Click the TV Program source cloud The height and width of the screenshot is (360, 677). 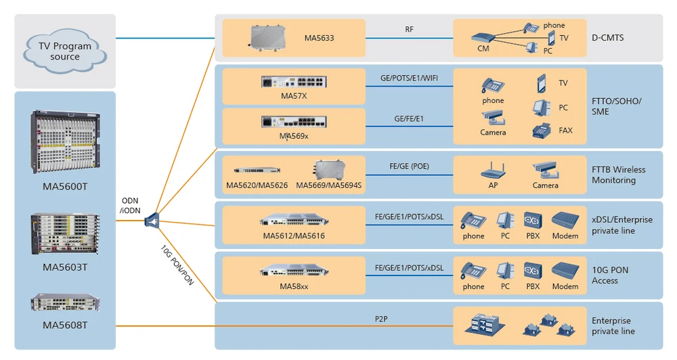pos(64,51)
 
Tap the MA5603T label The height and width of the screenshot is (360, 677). pos(65,267)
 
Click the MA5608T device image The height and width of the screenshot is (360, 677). pos(65,303)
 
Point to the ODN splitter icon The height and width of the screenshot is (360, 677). pos(152,220)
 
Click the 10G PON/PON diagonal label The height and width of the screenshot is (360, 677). pos(177,264)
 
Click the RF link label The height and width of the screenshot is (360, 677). pos(409,29)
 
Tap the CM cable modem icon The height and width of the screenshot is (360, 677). pos(484,38)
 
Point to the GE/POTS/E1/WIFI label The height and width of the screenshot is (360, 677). pos(409,78)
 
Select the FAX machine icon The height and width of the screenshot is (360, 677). pos(542,130)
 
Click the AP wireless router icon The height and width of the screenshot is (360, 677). pos(493,170)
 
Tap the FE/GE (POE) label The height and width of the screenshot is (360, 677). pos(409,166)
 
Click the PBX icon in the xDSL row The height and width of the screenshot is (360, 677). pos(532,220)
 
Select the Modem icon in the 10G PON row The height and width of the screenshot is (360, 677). pos(565,271)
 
